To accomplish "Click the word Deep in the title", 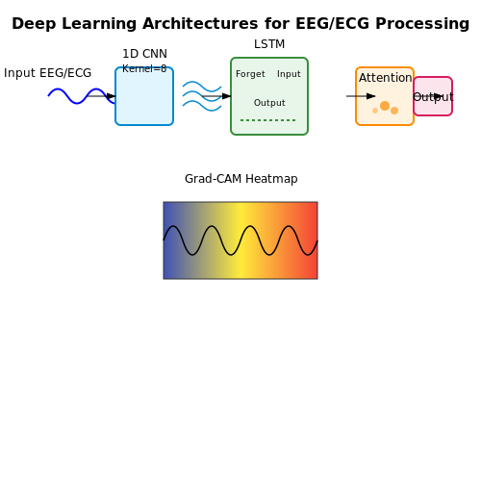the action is coord(34,24).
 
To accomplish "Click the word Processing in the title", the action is coord(422,24).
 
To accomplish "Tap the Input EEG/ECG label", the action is coord(47,73).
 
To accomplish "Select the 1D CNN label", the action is coord(144,54).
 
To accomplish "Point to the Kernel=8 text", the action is coord(144,68).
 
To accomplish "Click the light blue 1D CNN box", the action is coord(144,96).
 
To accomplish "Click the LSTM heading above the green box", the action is coord(269,44).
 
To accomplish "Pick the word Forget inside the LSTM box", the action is coord(250,74).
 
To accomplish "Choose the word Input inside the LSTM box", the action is coord(289,74).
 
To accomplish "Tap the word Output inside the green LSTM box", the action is coord(269,103).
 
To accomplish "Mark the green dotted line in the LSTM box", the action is coord(267,120).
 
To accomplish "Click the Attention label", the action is coord(385,78).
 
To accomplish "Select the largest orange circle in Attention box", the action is coord(385,106).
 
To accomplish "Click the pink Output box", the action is coord(433,96).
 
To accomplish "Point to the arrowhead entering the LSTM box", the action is coord(226,96).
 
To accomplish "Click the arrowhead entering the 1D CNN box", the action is coord(111,96).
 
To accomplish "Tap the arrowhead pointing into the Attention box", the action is coord(371,96).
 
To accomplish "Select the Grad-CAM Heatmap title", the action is coord(241,179).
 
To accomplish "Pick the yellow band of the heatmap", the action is coord(240,240).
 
